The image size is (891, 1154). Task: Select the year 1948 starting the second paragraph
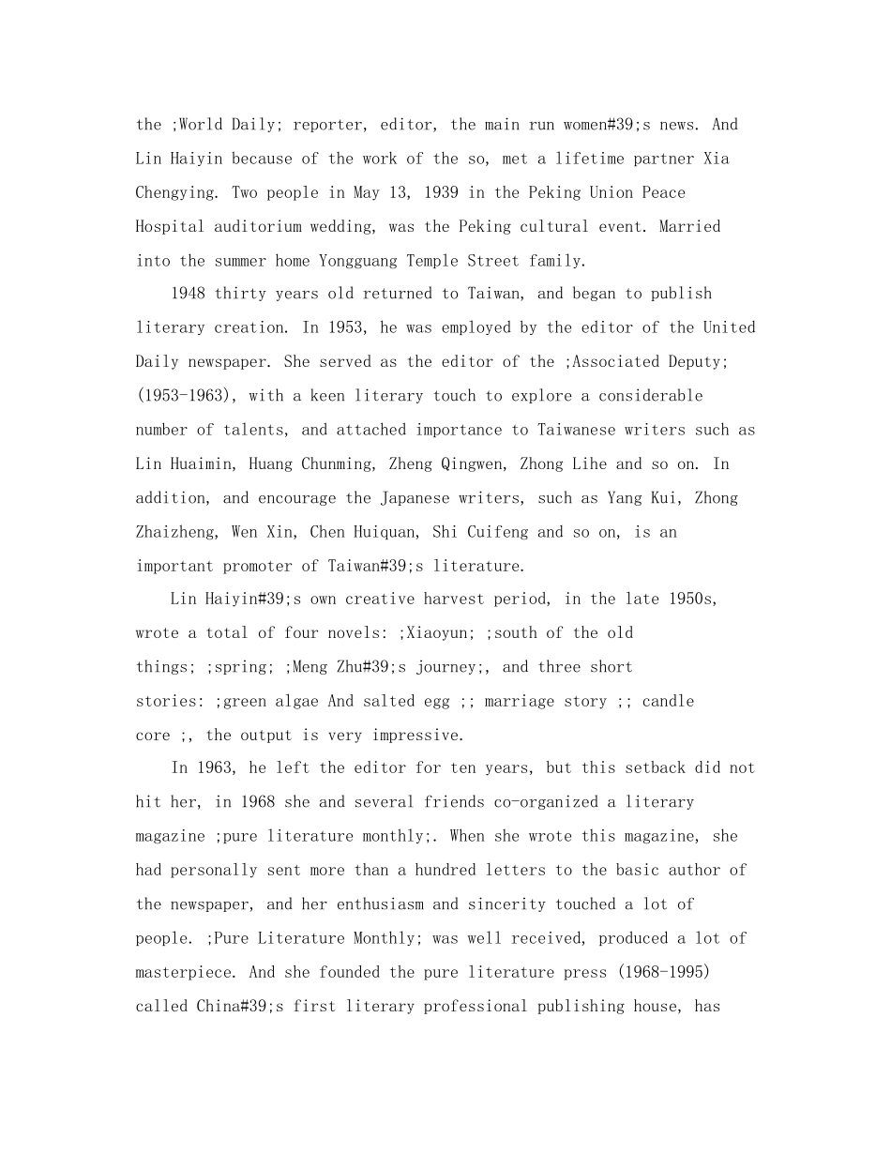click(188, 294)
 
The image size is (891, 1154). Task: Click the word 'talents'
click(253, 430)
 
